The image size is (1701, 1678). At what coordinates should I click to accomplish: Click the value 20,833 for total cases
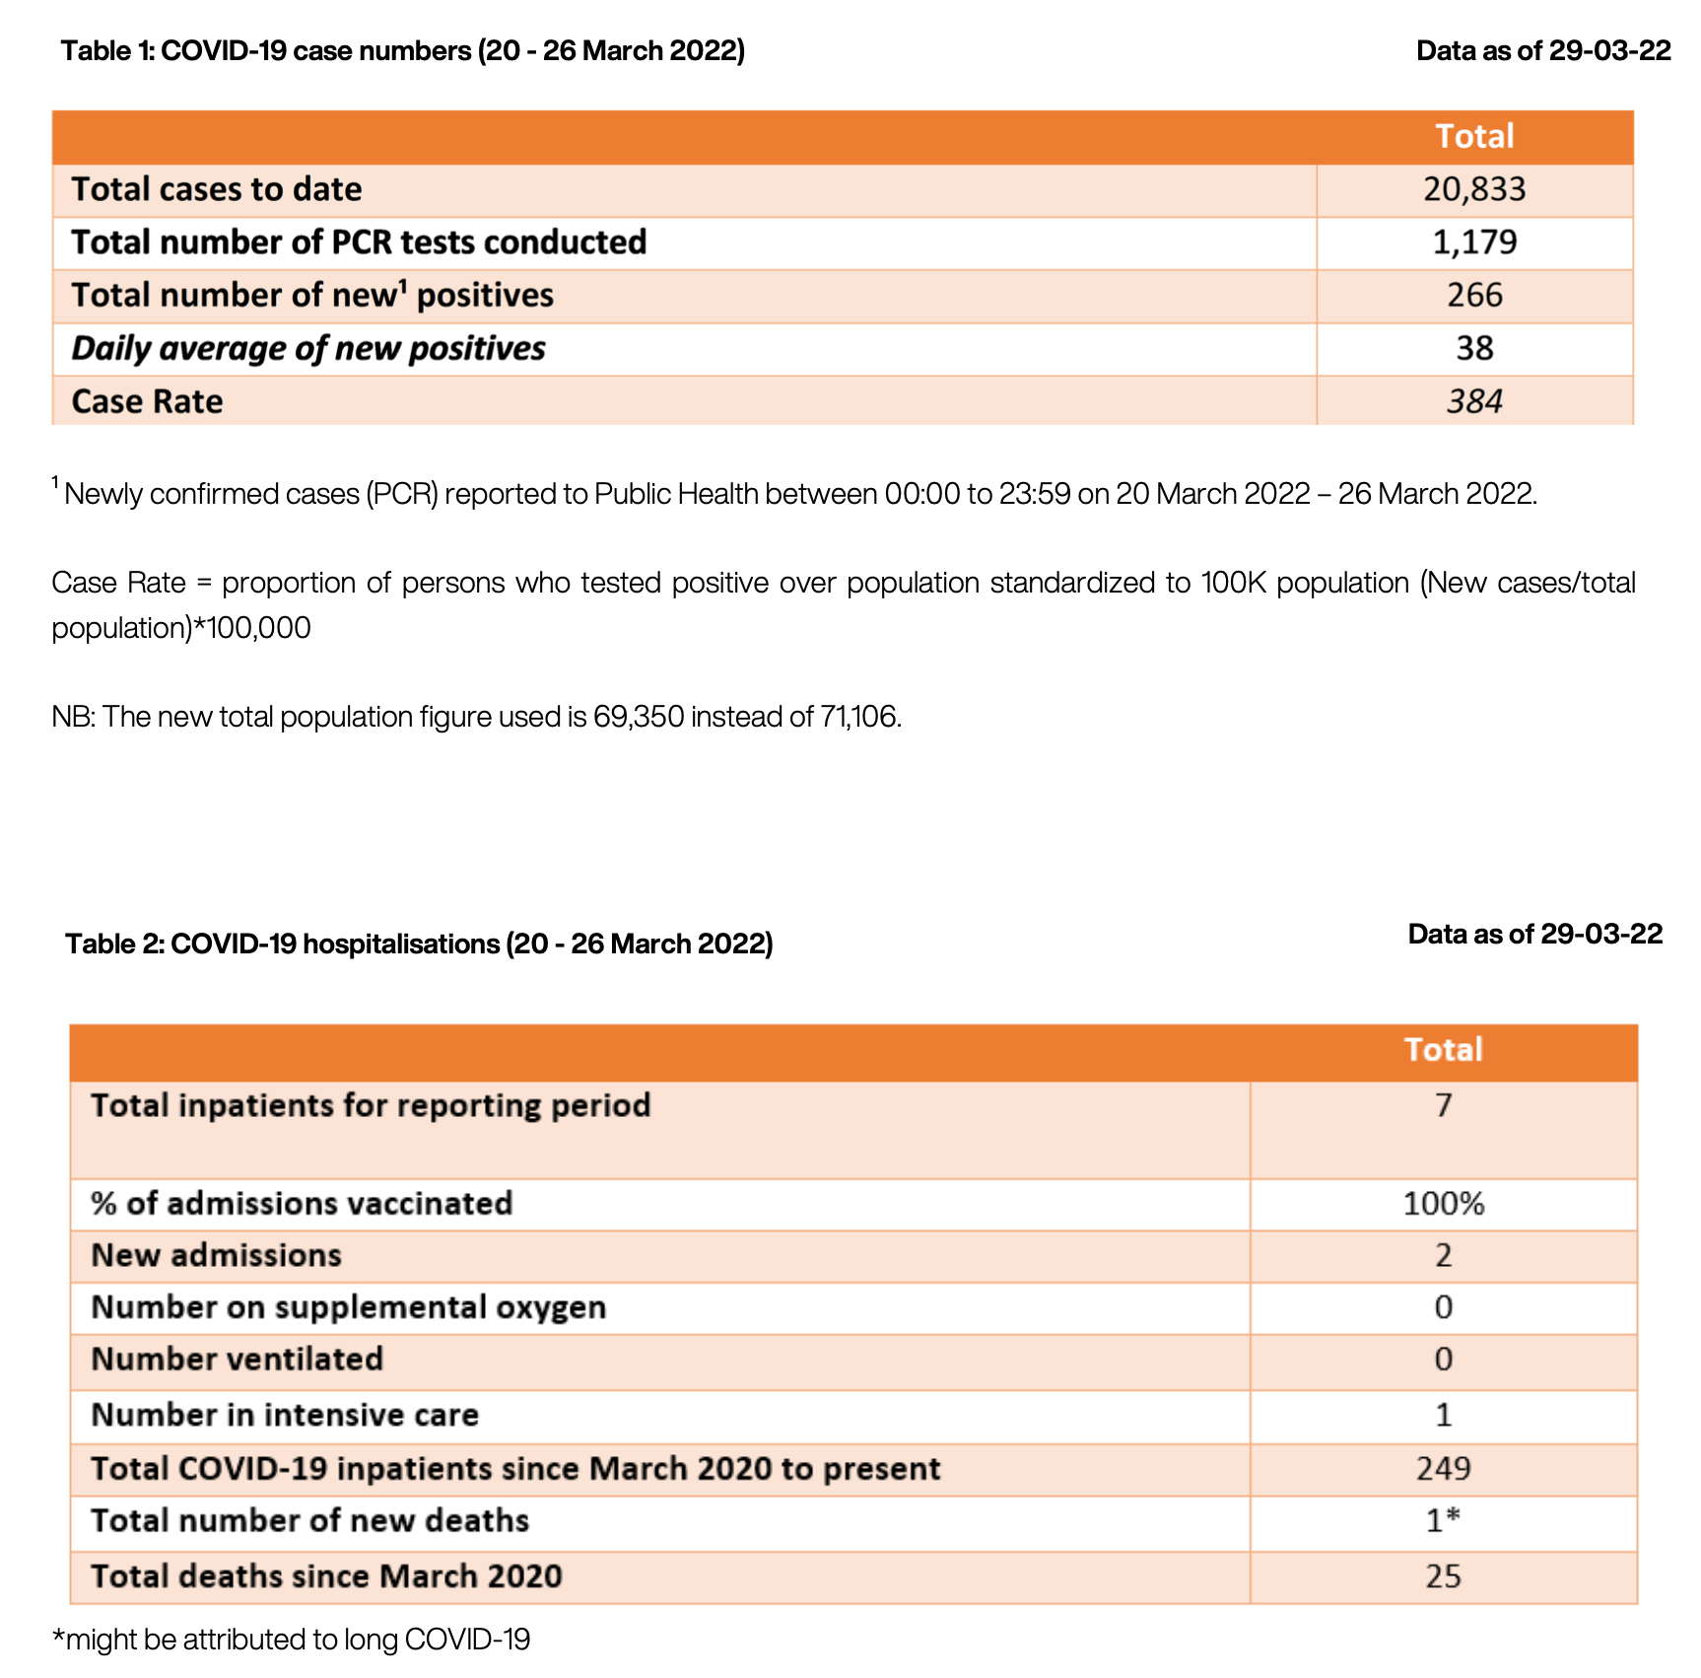(1473, 189)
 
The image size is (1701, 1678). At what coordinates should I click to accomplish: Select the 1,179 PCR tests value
(1473, 243)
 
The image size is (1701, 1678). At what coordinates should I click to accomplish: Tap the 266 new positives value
(1473, 296)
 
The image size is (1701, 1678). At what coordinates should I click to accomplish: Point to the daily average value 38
(1473, 349)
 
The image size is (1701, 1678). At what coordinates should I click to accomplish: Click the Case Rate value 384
(1473, 402)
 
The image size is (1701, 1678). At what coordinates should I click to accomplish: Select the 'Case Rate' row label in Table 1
(147, 402)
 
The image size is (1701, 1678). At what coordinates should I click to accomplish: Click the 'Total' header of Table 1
(1473, 136)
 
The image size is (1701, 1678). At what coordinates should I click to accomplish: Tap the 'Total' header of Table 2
(1443, 1050)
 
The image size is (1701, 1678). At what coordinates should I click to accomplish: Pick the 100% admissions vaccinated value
(1443, 1204)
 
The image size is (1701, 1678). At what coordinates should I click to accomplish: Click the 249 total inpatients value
(1443, 1469)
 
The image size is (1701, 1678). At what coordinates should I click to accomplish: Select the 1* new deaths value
(1443, 1521)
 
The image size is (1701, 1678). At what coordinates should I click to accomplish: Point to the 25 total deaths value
(1443, 1576)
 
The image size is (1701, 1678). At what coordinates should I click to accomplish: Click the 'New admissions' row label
(216, 1256)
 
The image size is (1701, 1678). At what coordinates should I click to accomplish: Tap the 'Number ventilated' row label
(237, 1360)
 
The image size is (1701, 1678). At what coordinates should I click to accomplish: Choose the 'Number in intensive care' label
(285, 1416)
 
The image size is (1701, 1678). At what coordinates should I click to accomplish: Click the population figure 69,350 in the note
(638, 717)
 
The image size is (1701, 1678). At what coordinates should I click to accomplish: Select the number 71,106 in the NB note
(858, 717)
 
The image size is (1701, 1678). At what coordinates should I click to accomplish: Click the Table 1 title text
(402, 51)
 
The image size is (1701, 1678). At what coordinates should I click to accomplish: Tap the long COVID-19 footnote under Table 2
(291, 1640)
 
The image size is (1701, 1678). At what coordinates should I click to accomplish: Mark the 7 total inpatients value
(1443, 1106)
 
